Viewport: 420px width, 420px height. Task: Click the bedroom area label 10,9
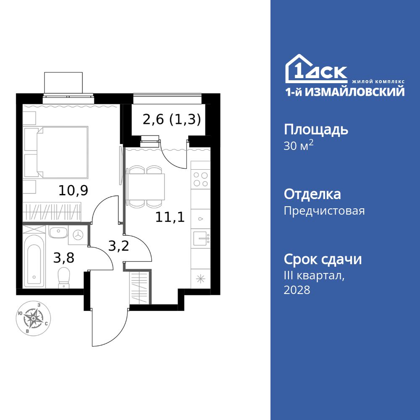point(73,191)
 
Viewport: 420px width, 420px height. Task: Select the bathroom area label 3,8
point(63,257)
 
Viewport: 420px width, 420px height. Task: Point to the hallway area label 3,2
point(118,245)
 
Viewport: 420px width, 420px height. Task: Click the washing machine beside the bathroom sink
point(79,235)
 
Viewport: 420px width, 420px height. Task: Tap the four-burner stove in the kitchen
point(200,180)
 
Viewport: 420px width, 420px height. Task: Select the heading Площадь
point(316,129)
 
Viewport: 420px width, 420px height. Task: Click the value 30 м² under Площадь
point(299,146)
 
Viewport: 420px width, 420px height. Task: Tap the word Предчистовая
point(324,210)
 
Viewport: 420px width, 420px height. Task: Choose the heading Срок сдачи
point(323,260)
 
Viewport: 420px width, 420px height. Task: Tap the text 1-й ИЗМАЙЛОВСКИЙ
point(345,92)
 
